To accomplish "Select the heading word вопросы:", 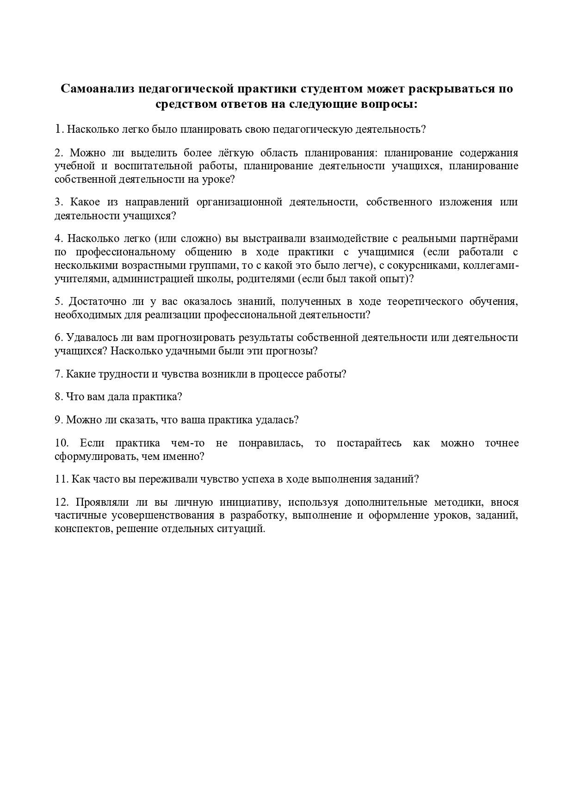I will pos(389,104).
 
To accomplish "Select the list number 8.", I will pos(59,397).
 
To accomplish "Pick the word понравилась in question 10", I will pos(271,443).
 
